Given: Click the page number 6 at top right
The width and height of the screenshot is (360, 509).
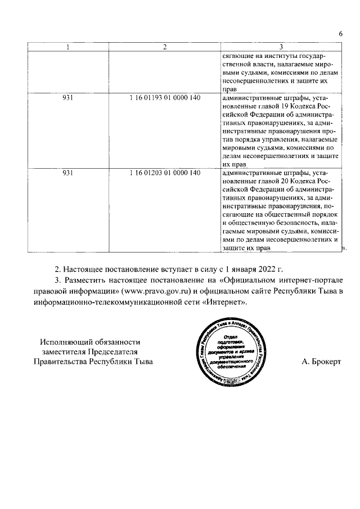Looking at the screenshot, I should [340, 34].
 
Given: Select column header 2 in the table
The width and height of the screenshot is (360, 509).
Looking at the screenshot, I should [164, 47].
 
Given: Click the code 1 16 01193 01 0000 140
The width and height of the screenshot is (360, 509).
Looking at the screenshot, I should [164, 98].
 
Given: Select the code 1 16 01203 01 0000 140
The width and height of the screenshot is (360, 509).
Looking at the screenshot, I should [164, 173].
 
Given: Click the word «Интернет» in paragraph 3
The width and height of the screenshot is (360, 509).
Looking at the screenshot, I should [223, 302].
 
